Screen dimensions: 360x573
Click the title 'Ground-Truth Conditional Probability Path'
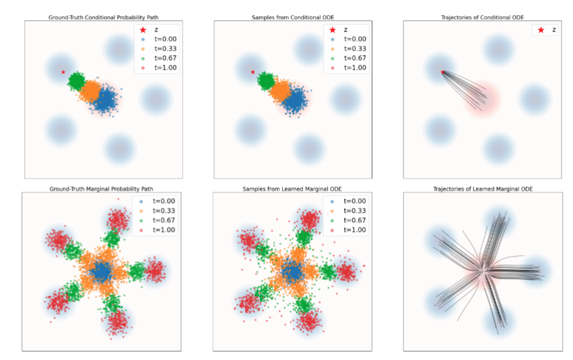coord(103,17)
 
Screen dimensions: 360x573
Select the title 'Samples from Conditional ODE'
coord(293,17)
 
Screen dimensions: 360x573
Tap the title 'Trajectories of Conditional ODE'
coord(483,17)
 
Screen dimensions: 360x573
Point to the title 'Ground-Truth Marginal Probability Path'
coord(102,189)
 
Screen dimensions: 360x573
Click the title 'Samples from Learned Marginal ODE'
coord(292,189)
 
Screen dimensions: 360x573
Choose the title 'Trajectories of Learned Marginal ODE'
coord(483,189)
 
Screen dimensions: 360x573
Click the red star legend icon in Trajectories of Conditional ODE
coord(540,30)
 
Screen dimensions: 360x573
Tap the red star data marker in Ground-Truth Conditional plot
coord(63,72)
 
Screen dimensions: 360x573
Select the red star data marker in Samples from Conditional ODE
coord(253,72)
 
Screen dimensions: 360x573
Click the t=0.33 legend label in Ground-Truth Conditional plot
coord(165,49)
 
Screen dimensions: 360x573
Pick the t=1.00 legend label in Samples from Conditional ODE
coord(355,68)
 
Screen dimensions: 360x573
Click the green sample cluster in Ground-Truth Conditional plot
coord(77,81)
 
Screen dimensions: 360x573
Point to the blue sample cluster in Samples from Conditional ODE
coord(296,100)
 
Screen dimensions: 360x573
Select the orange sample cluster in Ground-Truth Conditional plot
coord(91,90)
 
